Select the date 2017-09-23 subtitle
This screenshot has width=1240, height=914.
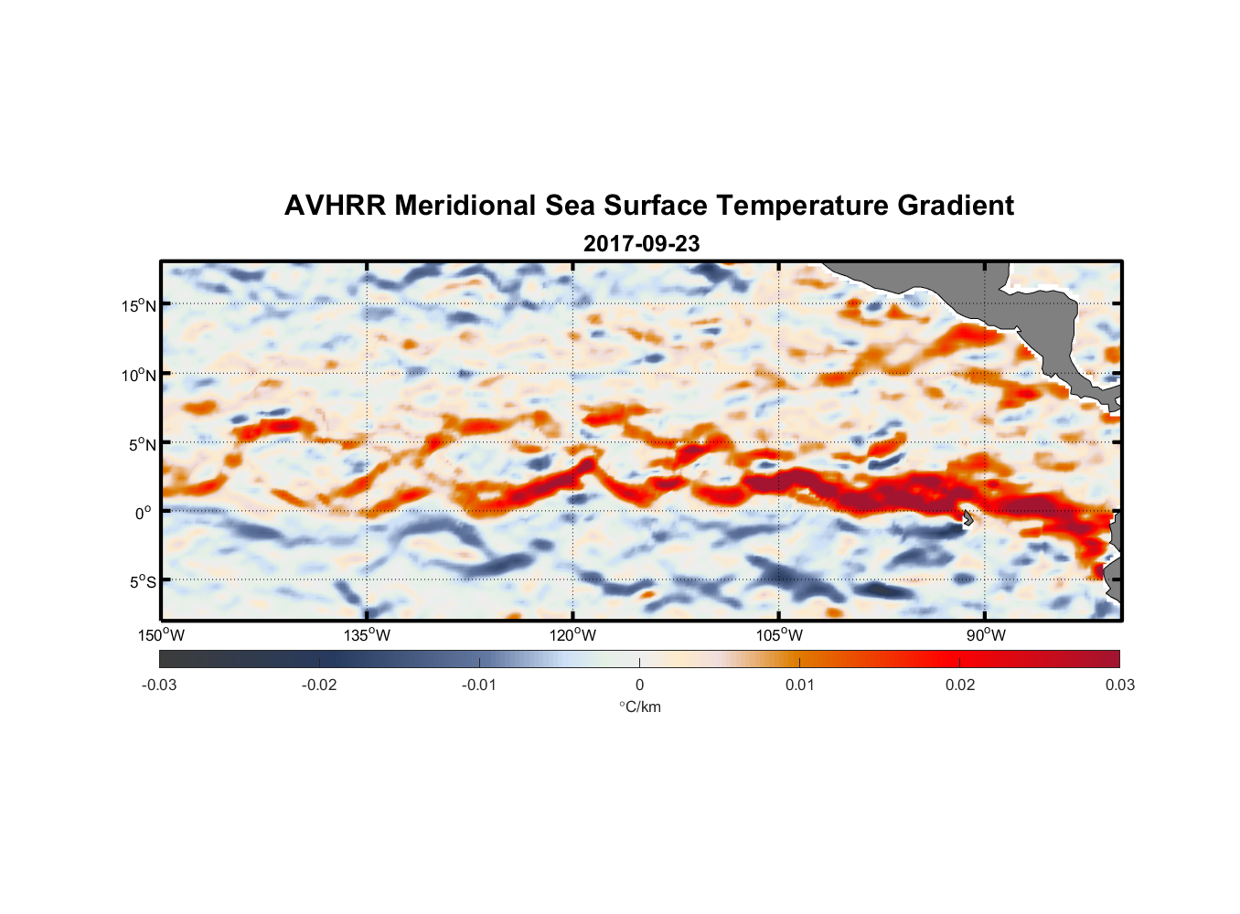click(641, 244)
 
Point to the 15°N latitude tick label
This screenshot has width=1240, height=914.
click(138, 305)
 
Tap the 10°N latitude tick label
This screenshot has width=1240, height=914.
click(138, 375)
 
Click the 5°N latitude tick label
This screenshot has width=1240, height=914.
click(141, 444)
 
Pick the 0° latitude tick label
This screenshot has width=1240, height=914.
click(144, 513)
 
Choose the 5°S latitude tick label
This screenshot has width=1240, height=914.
click(141, 581)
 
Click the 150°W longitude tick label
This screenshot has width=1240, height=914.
click(161, 635)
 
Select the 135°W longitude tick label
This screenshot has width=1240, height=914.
click(367, 635)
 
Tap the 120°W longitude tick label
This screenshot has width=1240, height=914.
click(573, 635)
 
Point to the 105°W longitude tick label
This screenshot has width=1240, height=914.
click(779, 635)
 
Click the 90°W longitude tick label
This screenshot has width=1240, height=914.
click(986, 635)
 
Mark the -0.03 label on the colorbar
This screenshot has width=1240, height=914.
click(159, 685)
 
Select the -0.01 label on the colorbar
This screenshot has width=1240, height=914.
click(479, 685)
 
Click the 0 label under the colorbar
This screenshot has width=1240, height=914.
click(639, 685)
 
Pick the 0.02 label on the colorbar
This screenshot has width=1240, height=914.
click(960, 685)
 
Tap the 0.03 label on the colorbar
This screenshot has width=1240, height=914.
click(1119, 685)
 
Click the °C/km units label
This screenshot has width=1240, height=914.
click(640, 707)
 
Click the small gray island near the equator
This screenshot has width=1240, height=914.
click(967, 517)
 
